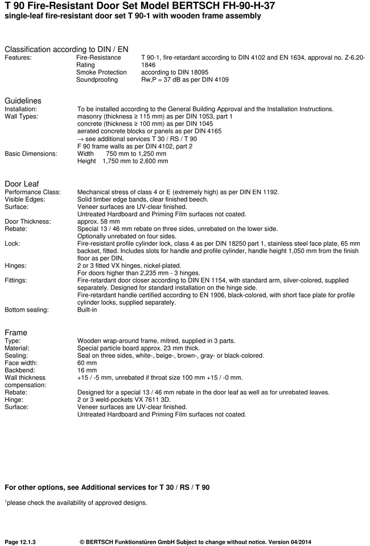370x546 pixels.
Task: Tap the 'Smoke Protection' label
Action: click(x=101, y=72)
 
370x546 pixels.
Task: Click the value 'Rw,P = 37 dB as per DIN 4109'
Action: click(x=184, y=80)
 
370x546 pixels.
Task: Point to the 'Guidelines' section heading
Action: click(x=23, y=101)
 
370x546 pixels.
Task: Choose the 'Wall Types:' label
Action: click(x=22, y=116)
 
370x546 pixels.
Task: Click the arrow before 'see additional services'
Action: click(x=80, y=138)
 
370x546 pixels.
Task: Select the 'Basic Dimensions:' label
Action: click(x=31, y=153)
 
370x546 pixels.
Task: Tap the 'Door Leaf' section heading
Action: click(x=22, y=184)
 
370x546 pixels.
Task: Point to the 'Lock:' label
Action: click(x=13, y=243)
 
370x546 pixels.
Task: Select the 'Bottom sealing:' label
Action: click(x=27, y=309)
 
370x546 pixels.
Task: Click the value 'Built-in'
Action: click(x=87, y=309)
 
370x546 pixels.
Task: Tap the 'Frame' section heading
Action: click(x=16, y=332)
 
